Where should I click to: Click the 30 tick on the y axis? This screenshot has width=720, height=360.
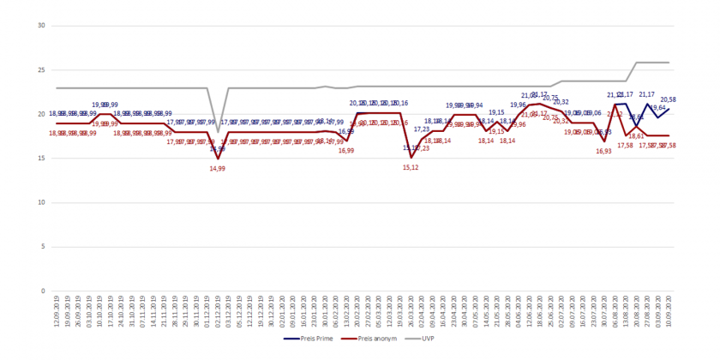pos(40,26)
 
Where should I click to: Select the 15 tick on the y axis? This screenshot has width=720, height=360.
pos(40,159)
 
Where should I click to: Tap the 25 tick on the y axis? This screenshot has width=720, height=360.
pos(40,70)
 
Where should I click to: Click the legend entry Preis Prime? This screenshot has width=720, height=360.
pos(307,339)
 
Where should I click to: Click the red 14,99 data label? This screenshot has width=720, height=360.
pos(219,169)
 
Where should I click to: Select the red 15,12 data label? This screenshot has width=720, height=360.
pos(411,167)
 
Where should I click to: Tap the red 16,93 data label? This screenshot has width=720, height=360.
pos(604,151)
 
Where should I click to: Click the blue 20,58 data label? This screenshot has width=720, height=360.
pos(669,99)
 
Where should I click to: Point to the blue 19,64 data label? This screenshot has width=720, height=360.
pos(657,108)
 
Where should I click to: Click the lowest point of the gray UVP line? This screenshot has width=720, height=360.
pos(219,131)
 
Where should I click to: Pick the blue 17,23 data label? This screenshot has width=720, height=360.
pos(422,129)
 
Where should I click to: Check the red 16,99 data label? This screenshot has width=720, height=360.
pos(346,151)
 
